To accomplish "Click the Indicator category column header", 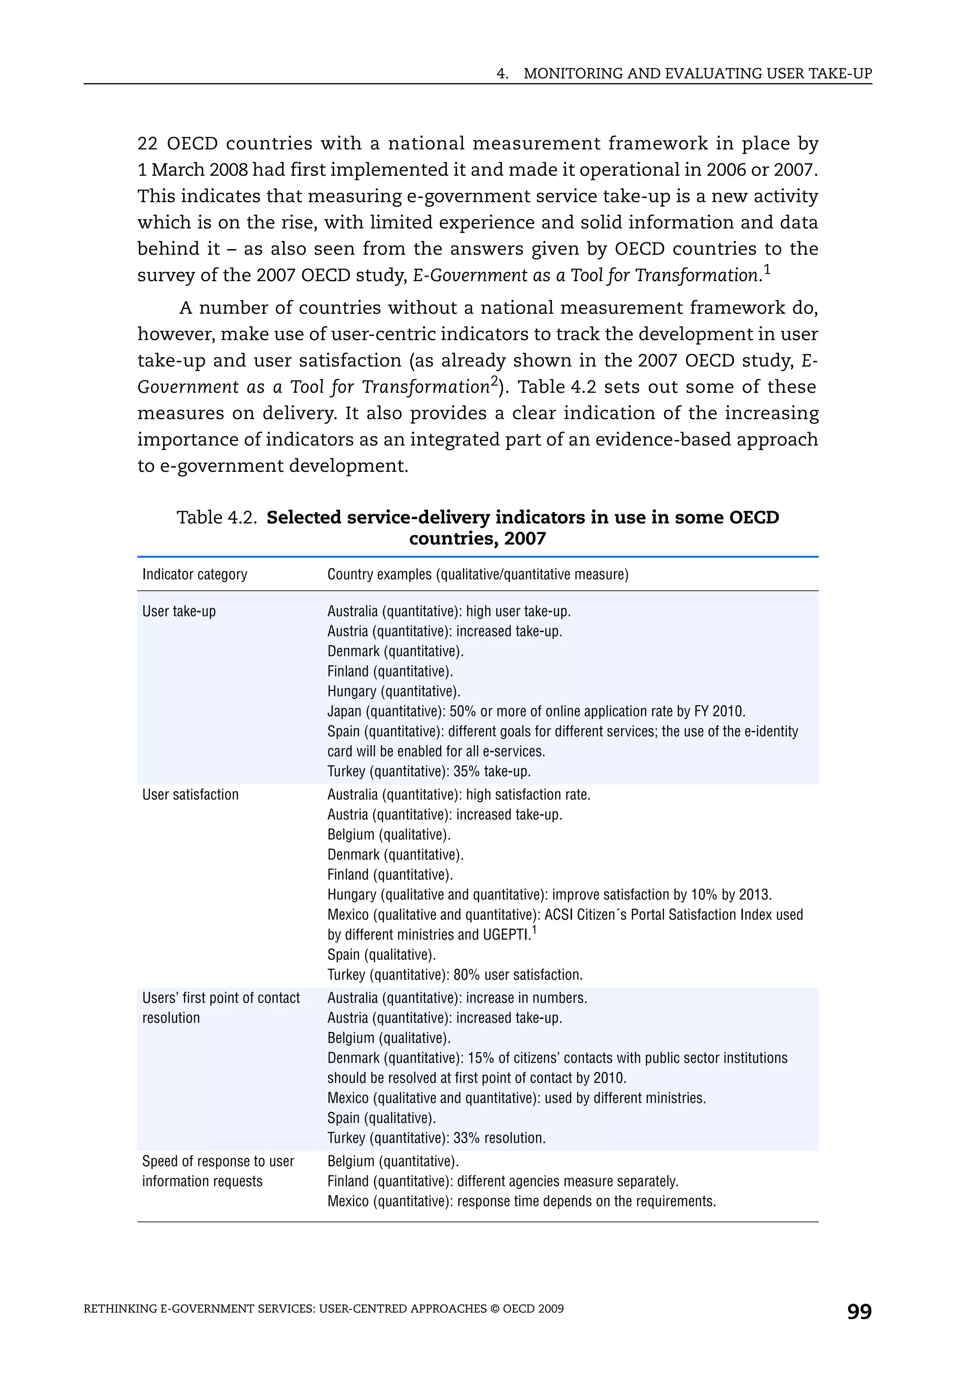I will (194, 575).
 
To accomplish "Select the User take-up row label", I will (179, 612).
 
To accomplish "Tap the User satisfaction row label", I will (190, 795).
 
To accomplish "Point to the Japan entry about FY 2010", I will (536, 712).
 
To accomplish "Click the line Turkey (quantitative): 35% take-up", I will (429, 771).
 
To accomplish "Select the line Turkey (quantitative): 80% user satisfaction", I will (455, 975).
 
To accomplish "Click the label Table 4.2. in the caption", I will (217, 518).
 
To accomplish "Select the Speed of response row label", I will (218, 1161).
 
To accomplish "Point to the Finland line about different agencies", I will (503, 1182).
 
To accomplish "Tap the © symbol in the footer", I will (494, 1309).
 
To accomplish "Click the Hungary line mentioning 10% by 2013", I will (550, 895).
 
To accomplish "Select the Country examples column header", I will (478, 575).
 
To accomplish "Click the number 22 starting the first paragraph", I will (147, 144).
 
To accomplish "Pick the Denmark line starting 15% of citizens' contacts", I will (557, 1058).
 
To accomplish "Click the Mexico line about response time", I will (521, 1202).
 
